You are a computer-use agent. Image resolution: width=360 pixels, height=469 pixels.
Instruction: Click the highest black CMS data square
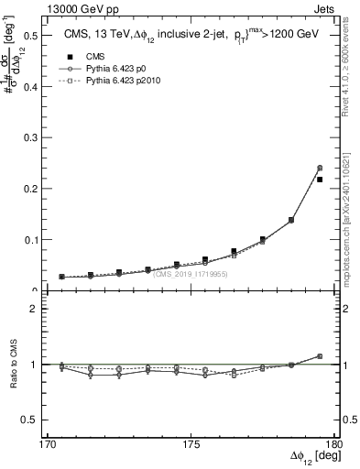[320, 180]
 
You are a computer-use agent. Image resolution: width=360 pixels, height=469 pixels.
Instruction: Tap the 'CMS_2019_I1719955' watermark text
[191, 274]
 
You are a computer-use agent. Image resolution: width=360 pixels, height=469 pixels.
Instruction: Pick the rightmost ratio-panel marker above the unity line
[320, 356]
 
